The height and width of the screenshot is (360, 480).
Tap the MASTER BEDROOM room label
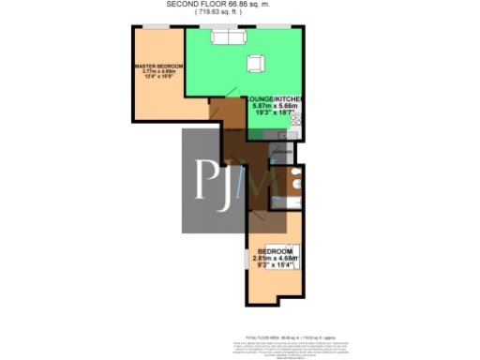pos(158,66)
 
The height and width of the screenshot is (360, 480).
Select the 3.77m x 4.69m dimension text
pos(158,71)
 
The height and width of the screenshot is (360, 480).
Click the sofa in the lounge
pos(229,37)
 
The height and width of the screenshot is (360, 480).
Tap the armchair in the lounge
pos(255,63)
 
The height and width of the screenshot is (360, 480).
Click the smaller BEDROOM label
pos(274,251)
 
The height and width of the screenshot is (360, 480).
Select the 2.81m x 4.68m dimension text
pos(274,258)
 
